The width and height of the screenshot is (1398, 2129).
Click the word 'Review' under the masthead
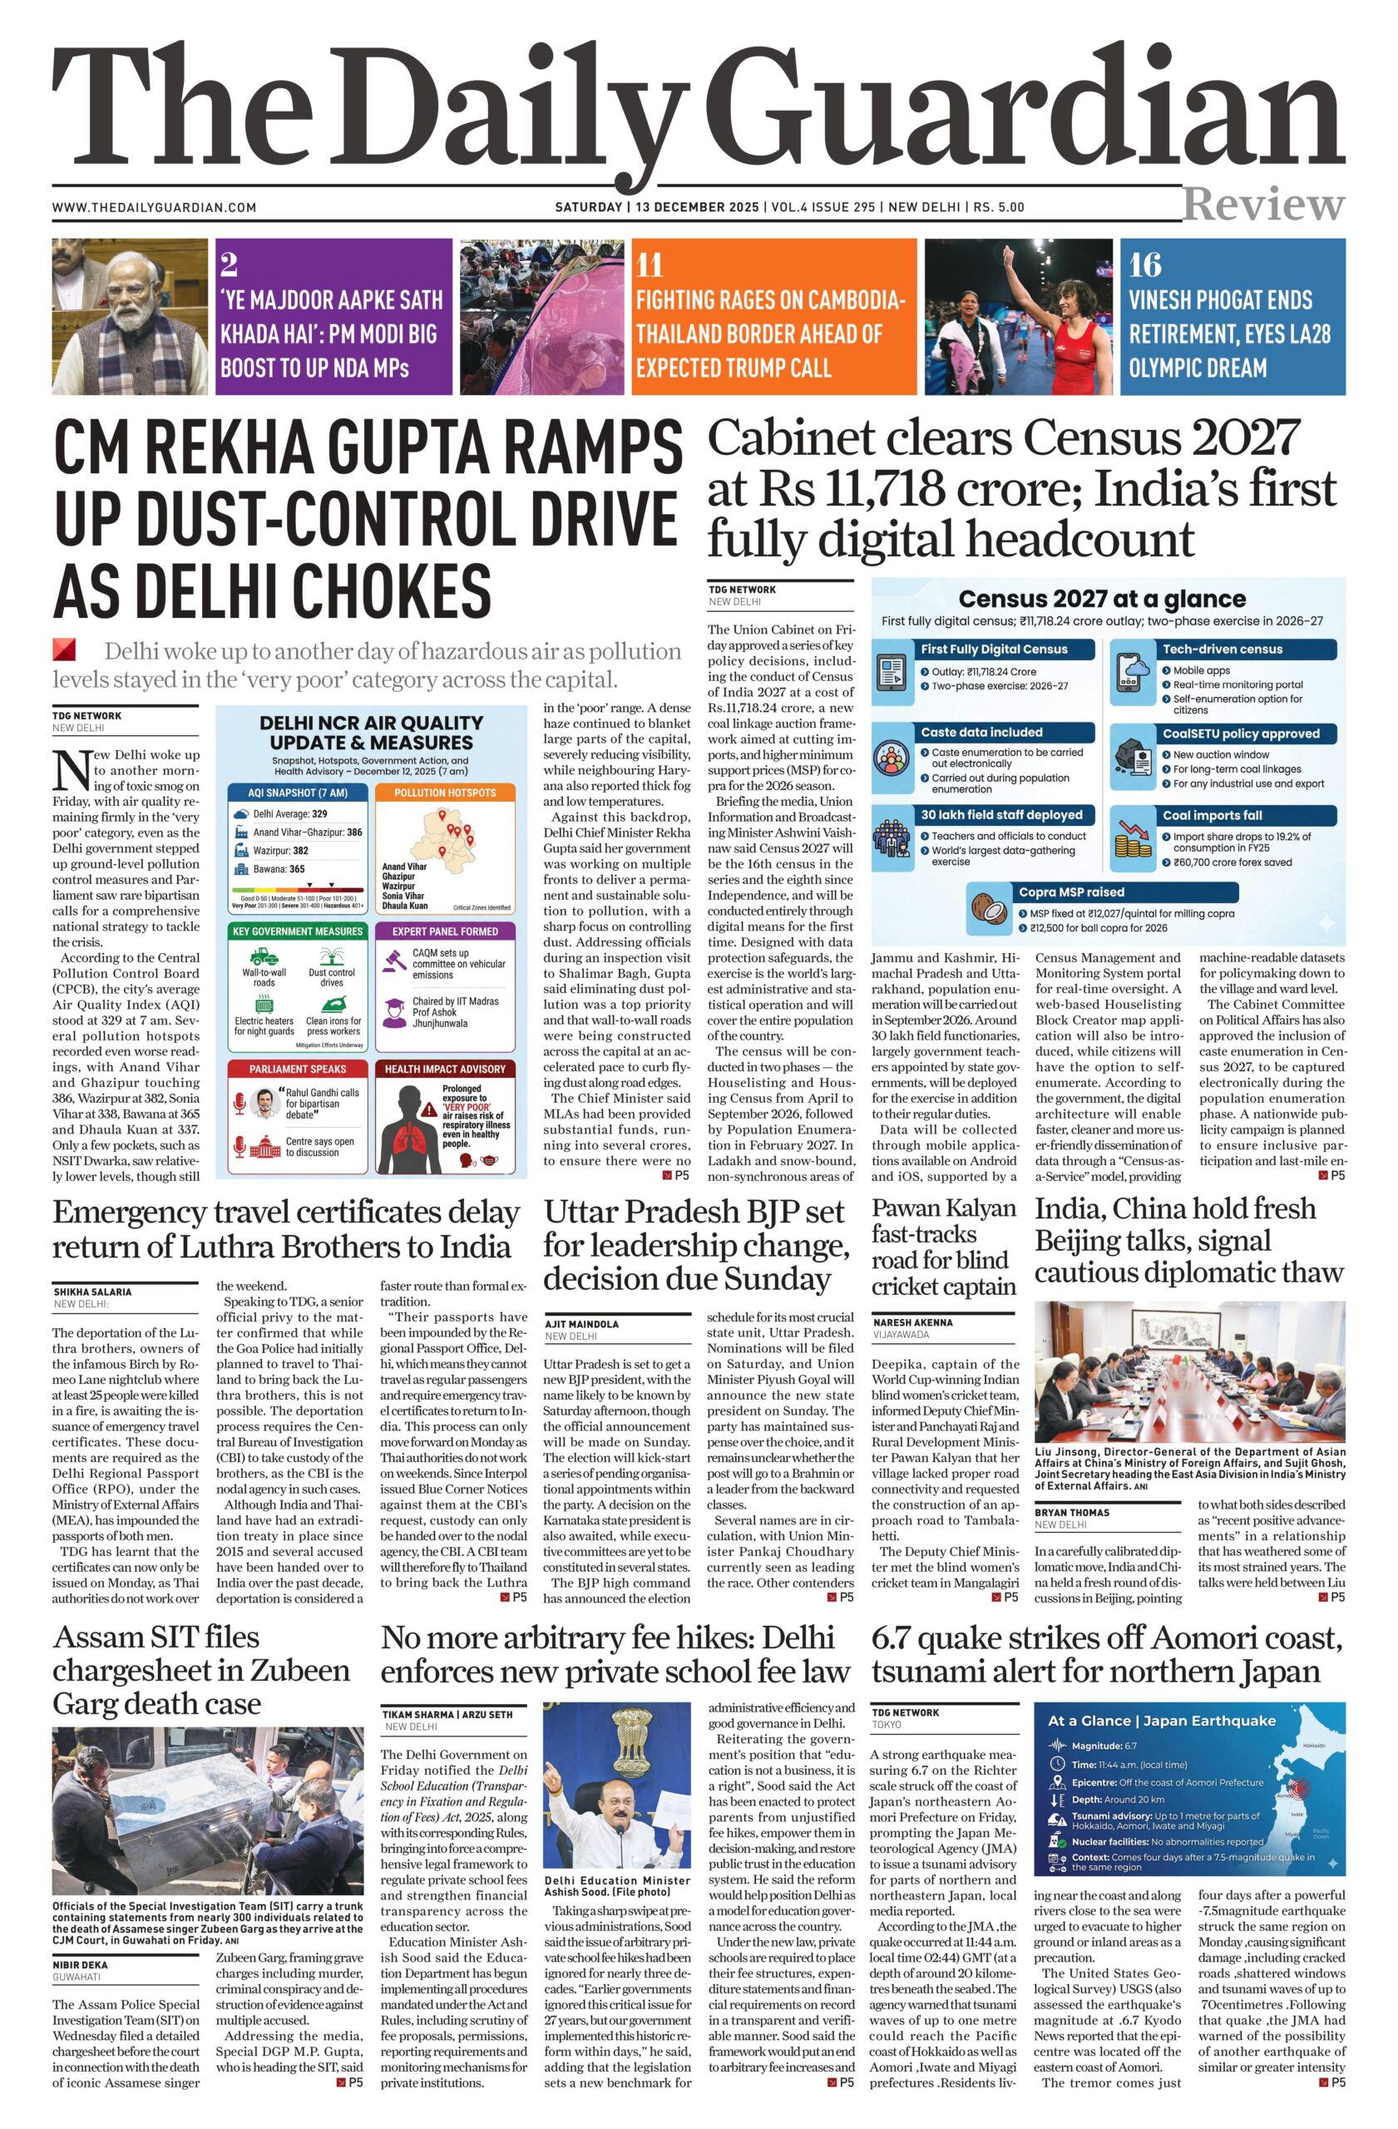[x=1263, y=205]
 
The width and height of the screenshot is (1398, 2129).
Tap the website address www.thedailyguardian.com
[x=154, y=208]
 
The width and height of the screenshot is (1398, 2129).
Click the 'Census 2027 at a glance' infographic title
[x=1101, y=600]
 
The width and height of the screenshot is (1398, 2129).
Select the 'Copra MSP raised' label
[x=1070, y=892]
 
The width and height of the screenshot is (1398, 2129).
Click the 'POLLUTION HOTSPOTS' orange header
[x=445, y=793]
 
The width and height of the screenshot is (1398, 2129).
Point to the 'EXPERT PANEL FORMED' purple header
[x=445, y=931]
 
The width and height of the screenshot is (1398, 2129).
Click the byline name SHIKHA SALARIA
[x=92, y=1292]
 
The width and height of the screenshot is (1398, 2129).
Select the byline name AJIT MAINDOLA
[x=582, y=1323]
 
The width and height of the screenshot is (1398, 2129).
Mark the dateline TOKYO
[x=887, y=1725]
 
